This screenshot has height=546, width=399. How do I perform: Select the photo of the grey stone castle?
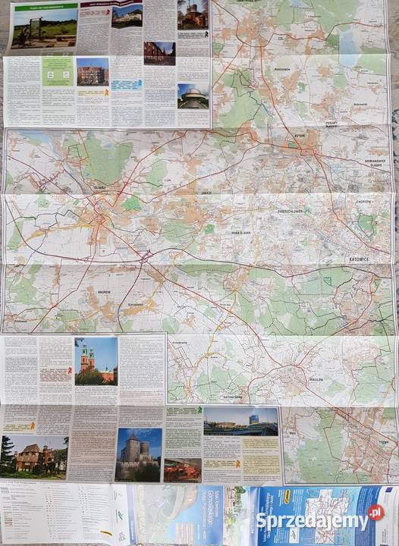coord(139,454)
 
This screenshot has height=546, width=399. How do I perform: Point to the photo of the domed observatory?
coord(193,96)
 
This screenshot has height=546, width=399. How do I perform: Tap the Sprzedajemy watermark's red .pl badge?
coord(375,513)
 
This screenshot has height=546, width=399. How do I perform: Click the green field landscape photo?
coord(44,26)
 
